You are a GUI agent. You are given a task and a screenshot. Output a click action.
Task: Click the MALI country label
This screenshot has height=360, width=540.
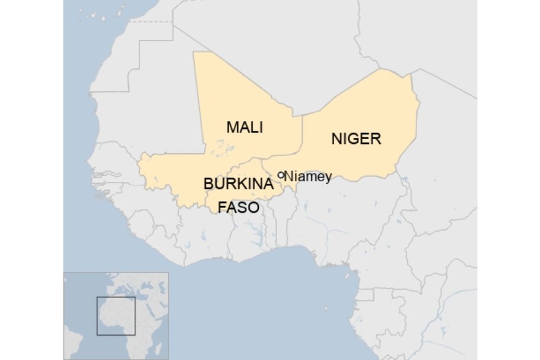pyautogui.click(x=245, y=128)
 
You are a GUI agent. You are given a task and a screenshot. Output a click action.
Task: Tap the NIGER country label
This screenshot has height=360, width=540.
pyautogui.click(x=356, y=138)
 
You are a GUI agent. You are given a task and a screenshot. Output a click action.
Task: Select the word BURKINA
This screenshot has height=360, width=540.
pyautogui.click(x=239, y=184)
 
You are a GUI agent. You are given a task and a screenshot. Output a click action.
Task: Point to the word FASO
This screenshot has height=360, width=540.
pyautogui.click(x=238, y=207)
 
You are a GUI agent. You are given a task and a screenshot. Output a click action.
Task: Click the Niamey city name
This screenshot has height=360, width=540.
pyautogui.click(x=308, y=176)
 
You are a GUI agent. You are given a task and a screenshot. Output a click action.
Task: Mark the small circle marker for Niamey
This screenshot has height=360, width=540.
pyautogui.click(x=281, y=175)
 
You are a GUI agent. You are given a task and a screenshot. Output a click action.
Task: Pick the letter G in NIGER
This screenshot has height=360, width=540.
pyautogui.click(x=352, y=138)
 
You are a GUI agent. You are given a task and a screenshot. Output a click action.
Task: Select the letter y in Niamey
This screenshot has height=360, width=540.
pyautogui.click(x=328, y=178)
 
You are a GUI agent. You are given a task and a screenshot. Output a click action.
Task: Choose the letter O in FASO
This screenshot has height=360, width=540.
pyautogui.click(x=253, y=207)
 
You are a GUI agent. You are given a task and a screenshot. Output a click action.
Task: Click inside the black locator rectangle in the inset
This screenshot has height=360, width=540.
pyautogui.click(x=115, y=315)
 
